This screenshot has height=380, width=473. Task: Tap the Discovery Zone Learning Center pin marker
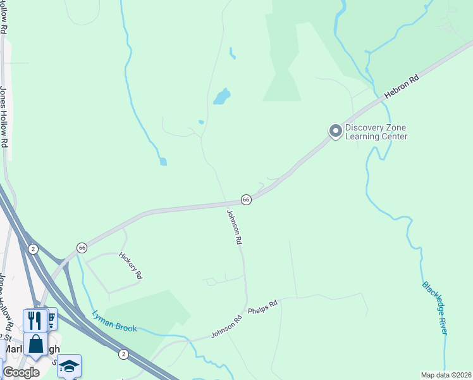point(335,131)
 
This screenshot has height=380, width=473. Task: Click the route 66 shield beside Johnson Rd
point(246,199)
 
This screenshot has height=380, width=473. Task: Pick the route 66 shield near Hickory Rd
point(82,247)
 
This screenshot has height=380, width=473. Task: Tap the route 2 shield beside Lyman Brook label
point(123,353)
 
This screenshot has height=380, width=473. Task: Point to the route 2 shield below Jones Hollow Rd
point(33,249)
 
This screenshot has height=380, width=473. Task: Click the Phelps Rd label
point(263,308)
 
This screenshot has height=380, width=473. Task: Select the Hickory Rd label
point(131,265)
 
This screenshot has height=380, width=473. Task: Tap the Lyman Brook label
point(114,321)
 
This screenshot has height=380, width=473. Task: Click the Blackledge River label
point(435,308)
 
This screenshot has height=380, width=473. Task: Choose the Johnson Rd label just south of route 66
point(235,227)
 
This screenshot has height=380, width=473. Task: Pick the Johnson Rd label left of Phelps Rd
point(227,326)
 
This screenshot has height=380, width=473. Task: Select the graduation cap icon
point(69,366)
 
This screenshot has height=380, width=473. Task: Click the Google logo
point(21,372)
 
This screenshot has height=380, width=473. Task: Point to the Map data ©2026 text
point(446,375)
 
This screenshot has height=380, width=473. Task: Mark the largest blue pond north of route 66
point(221,96)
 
